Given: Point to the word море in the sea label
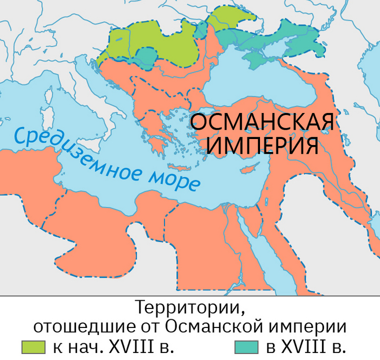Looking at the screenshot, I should [x=173, y=180].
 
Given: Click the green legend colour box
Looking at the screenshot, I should [x=34, y=347].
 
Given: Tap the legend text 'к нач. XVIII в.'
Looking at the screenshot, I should [x=113, y=346].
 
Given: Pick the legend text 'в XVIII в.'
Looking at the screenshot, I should [x=306, y=346].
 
